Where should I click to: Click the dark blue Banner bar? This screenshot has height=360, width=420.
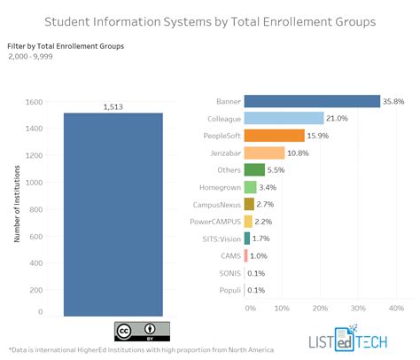pos(311,101)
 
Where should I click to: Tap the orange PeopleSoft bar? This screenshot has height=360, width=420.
pos(274,136)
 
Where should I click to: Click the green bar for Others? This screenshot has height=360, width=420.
pos(253,169)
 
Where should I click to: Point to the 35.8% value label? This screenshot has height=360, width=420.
pos(394,101)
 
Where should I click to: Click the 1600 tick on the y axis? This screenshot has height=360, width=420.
pos(35,102)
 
